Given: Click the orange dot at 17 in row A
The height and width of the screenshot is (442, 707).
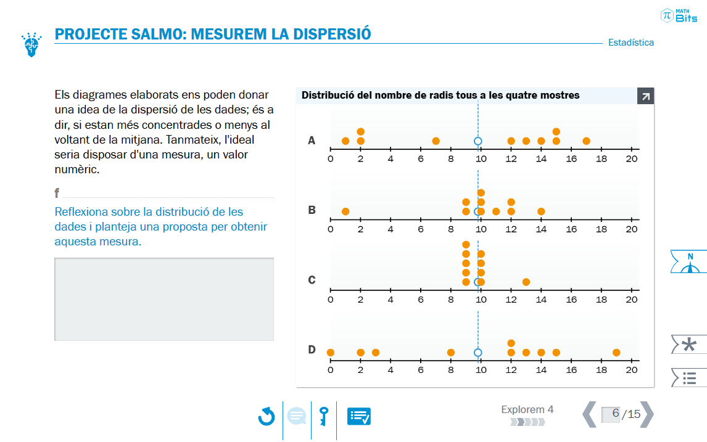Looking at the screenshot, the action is click(586, 141).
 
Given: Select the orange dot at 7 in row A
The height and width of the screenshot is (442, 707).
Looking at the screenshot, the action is click(436, 141).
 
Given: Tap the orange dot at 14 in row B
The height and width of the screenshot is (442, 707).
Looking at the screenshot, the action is click(541, 211).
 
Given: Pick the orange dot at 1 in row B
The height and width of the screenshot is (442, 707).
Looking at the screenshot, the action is click(345, 211).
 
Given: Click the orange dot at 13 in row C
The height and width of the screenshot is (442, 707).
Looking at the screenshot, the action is click(526, 282).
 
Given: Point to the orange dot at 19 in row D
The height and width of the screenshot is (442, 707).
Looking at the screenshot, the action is click(616, 353).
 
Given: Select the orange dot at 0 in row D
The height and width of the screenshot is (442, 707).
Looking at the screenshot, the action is click(331, 353).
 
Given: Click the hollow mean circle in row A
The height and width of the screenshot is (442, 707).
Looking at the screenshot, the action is click(478, 141).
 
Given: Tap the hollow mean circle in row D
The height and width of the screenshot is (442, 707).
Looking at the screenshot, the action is click(478, 353).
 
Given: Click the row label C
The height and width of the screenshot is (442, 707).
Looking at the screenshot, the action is click(312, 280).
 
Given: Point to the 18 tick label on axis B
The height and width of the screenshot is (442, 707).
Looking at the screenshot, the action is click(602, 229).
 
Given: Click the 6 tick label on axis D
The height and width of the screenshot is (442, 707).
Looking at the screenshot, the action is click(421, 370).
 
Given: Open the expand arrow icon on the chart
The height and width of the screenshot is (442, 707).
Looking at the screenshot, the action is click(646, 96).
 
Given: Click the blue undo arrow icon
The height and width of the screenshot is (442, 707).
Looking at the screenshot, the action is click(267, 416).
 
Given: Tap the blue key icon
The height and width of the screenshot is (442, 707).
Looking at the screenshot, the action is click(324, 416).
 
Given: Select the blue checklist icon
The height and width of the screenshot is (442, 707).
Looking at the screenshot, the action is click(359, 416).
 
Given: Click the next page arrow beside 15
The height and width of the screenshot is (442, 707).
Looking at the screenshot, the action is click(647, 414).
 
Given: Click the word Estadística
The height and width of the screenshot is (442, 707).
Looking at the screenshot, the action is click(631, 43).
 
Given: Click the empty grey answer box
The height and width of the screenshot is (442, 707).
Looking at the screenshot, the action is click(164, 299).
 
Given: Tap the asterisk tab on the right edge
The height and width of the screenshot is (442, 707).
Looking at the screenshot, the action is click(688, 345).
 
